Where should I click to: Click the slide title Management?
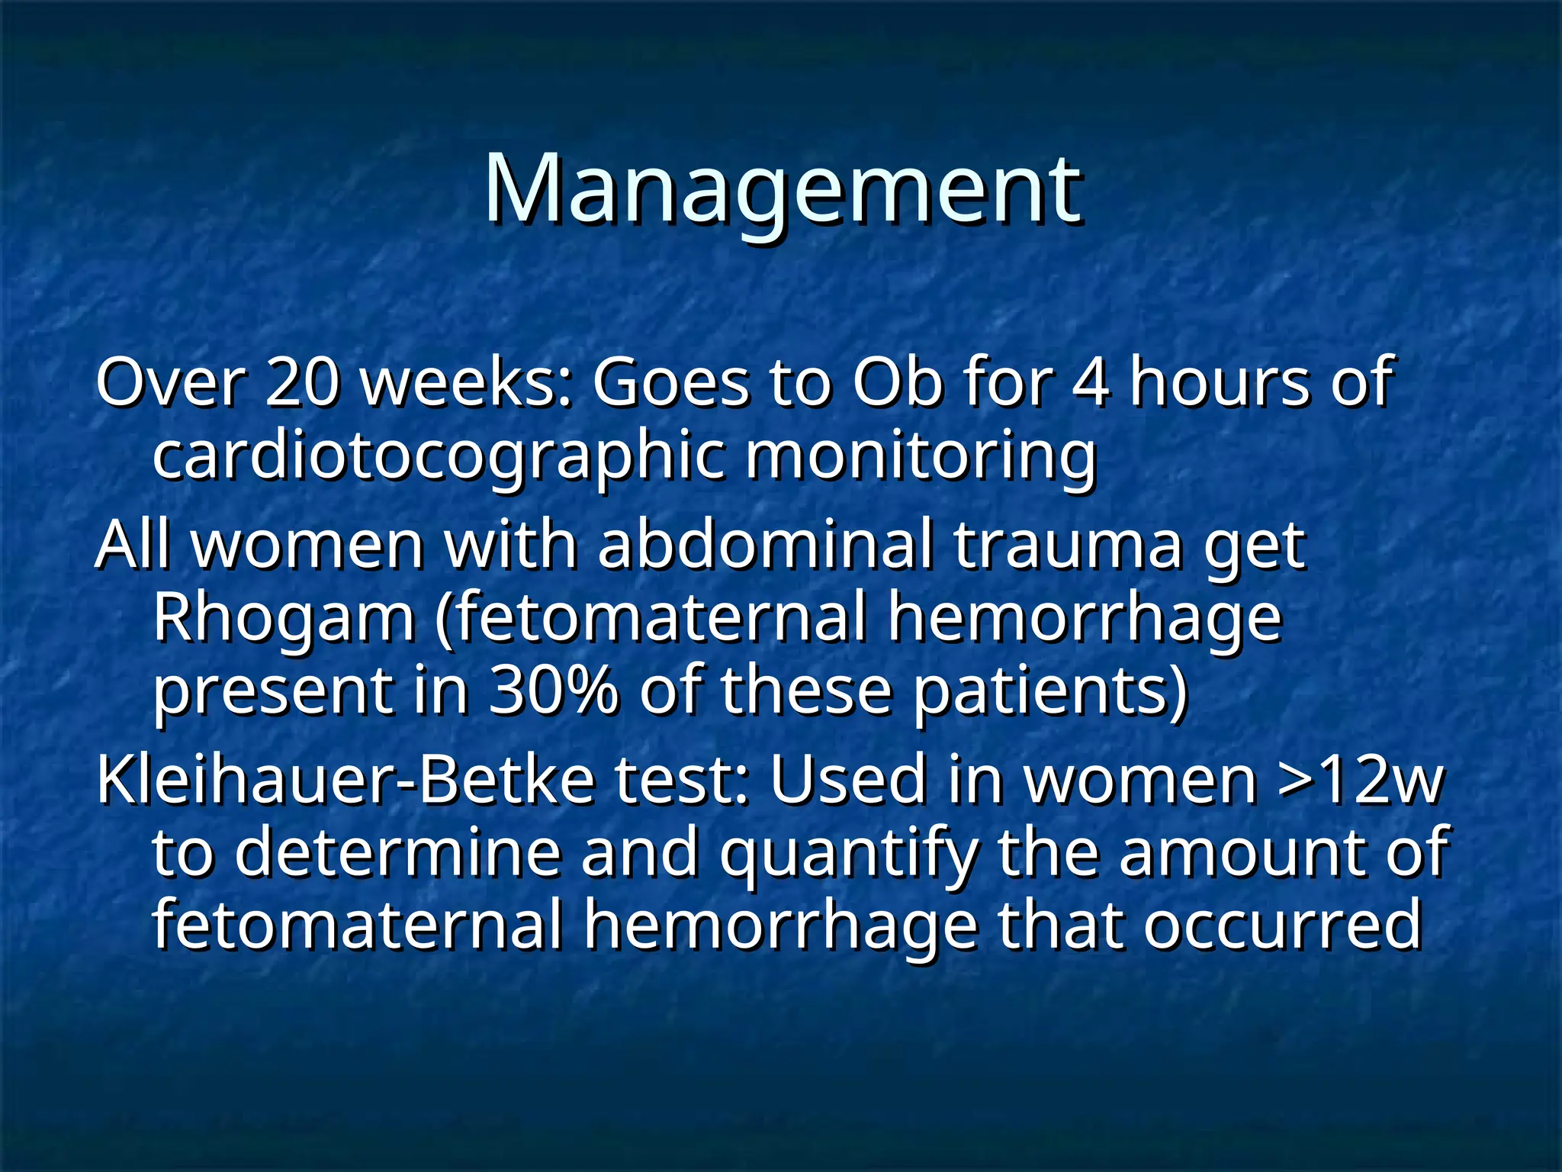tap(783, 189)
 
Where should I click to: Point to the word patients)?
tap(1051, 691)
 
